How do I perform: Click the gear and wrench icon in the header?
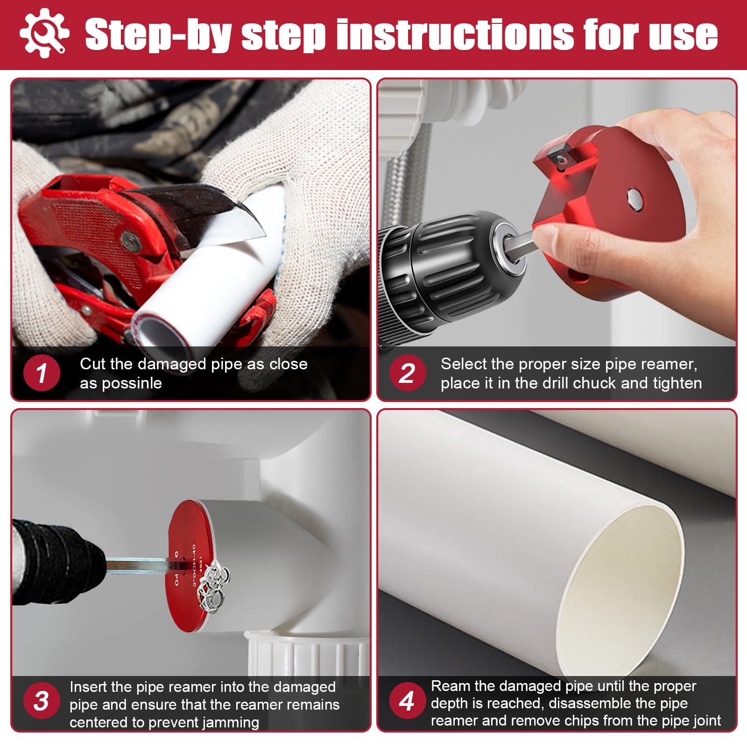(x=44, y=33)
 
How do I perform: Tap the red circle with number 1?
(x=42, y=373)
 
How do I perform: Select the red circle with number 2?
(x=407, y=373)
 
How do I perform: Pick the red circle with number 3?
(x=41, y=701)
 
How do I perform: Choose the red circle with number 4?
(x=407, y=701)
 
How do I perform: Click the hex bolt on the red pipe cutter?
(x=131, y=241)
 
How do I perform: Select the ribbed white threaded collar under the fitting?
(x=303, y=654)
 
